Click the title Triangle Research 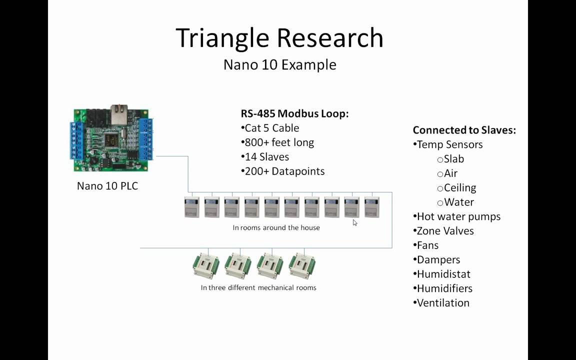click(x=279, y=38)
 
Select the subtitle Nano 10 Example click(x=279, y=64)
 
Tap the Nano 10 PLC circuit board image click(x=113, y=140)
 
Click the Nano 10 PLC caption click(x=107, y=186)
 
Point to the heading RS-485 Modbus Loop click(x=294, y=113)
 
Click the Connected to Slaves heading click(x=464, y=130)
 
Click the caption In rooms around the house click(x=276, y=227)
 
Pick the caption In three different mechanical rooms click(x=258, y=287)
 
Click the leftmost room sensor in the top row click(x=192, y=207)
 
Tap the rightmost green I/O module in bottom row click(x=302, y=265)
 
